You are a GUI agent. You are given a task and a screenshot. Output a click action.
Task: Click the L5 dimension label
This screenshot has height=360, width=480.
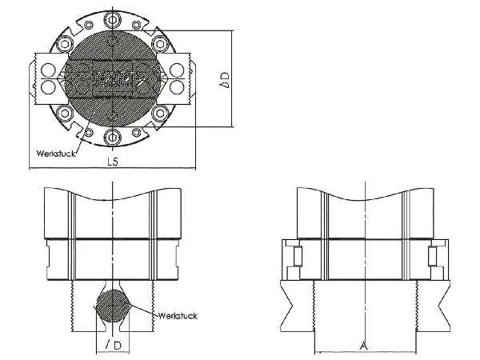point(113,162)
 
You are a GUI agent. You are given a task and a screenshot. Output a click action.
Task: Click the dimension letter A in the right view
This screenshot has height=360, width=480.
point(364,346)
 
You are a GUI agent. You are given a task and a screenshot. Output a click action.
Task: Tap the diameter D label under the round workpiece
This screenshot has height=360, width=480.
point(114,346)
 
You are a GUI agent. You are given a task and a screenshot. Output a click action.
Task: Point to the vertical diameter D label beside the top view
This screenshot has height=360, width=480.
point(225,80)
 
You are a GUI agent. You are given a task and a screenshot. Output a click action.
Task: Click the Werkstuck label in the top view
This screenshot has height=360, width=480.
point(56,154)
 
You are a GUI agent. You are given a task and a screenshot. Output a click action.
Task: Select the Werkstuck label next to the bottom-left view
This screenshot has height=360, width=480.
point(178,316)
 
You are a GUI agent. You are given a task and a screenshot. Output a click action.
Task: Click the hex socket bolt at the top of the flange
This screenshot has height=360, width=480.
point(112,20)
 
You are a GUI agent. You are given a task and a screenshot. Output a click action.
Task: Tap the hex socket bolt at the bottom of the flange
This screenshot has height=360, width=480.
point(112,137)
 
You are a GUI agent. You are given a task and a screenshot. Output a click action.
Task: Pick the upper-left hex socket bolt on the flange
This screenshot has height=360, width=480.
point(65,44)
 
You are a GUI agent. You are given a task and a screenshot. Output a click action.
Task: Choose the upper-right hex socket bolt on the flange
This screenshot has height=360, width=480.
point(160,44)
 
